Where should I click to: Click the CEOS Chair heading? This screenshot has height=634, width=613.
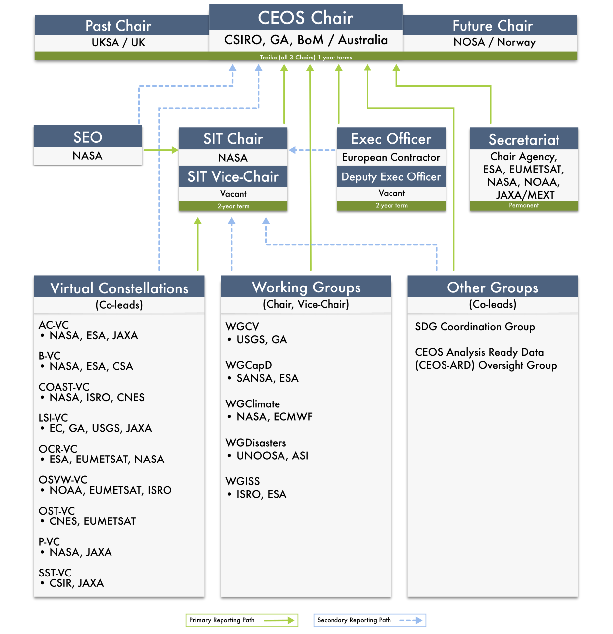click(305, 17)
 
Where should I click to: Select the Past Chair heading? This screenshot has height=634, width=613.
click(118, 26)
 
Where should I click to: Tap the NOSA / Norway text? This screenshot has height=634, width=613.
click(494, 42)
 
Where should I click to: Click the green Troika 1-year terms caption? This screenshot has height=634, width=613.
click(306, 58)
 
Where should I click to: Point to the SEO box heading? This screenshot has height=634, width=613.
click(88, 137)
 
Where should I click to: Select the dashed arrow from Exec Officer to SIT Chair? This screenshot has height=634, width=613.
click(312, 150)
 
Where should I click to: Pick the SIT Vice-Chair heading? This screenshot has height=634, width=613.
click(233, 176)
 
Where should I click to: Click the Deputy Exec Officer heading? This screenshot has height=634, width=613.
click(391, 177)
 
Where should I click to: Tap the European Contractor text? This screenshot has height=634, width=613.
click(391, 157)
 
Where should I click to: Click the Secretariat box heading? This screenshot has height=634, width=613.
click(524, 140)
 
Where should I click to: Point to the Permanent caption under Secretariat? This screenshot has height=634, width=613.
click(524, 205)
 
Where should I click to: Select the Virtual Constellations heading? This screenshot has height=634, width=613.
click(119, 288)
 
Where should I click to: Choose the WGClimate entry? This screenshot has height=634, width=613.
click(253, 404)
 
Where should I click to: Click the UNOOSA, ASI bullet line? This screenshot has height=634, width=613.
click(268, 456)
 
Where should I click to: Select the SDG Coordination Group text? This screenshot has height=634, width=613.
click(475, 327)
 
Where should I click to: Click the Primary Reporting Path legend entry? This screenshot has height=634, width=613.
click(242, 620)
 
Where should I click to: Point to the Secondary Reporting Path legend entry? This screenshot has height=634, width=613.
click(370, 620)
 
